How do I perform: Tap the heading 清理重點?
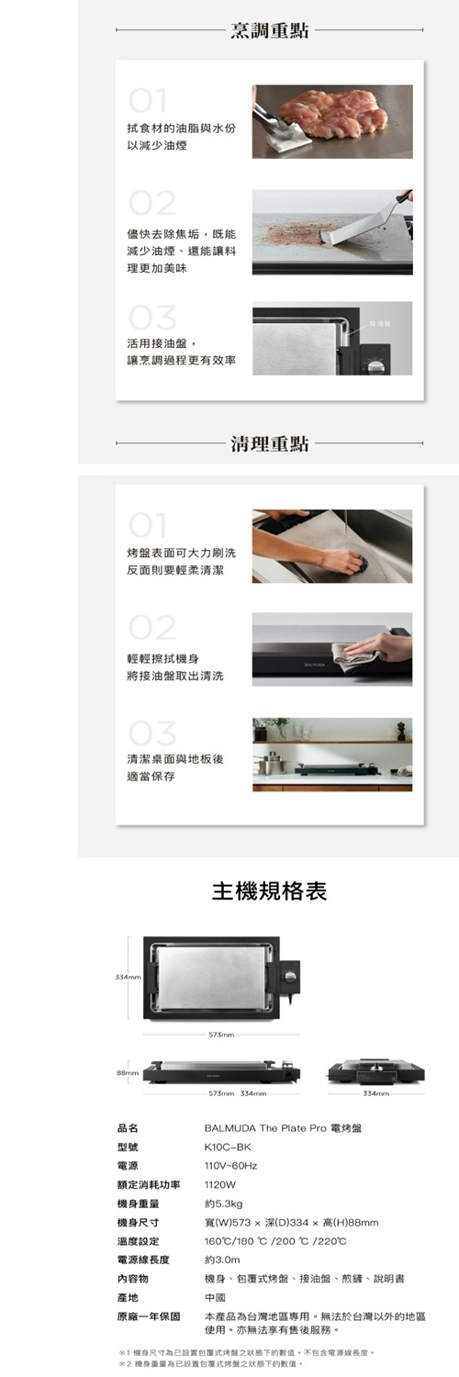coord(269,444)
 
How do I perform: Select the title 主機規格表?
coord(269,890)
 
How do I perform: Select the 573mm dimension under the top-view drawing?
coord(221,1034)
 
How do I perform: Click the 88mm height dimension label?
coord(126,1072)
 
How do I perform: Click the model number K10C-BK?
coord(227,1147)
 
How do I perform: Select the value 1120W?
coord(220,1184)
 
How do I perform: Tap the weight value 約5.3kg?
coord(223,1203)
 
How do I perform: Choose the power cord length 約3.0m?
coord(222,1259)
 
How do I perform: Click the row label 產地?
coord(128,1297)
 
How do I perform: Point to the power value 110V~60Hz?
coord(230,1166)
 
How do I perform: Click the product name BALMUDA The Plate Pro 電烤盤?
coord(283,1127)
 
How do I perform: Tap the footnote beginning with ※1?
coord(246,1352)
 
